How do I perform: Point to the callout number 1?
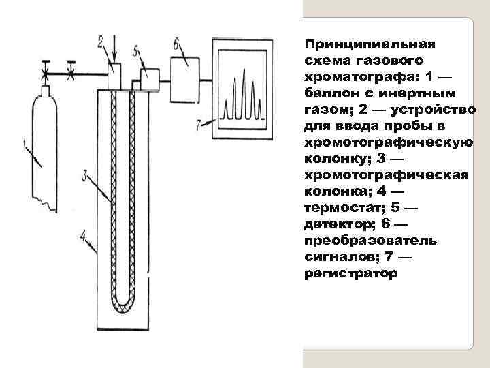pos(24,145)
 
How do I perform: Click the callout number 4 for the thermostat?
pos(83,236)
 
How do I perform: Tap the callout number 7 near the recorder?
pos(198,125)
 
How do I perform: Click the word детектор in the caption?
pos(338,224)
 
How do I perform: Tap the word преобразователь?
pos(372,241)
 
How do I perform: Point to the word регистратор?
pos(350,273)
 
